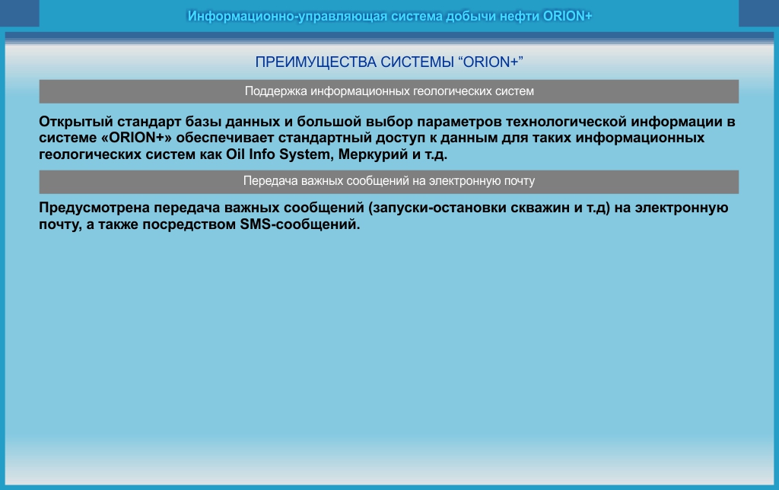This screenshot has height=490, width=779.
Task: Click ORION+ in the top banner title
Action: pos(568,17)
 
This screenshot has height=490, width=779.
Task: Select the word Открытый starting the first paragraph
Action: pos(76,123)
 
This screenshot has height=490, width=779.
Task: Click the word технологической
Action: pos(566,122)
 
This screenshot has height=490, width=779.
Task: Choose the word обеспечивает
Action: pos(225,138)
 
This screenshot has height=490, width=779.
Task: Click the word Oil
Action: pos(236,154)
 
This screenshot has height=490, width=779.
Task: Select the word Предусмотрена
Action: pos(94,208)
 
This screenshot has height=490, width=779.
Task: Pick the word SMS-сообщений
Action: pos(300,224)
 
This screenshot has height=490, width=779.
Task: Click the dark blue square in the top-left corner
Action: pos(19,13)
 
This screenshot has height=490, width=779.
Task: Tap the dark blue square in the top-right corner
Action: pos(758,13)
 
